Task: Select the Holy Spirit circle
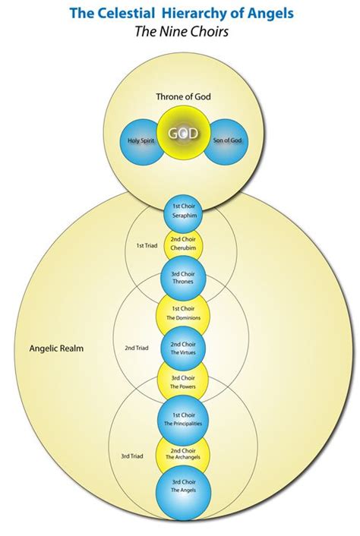pyautogui.click(x=141, y=141)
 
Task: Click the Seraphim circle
pyautogui.click(x=182, y=212)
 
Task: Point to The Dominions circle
pyautogui.click(x=182, y=313)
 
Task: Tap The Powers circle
pyautogui.click(x=182, y=382)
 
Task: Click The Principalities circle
pyautogui.click(x=182, y=418)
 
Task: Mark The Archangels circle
pyautogui.click(x=182, y=454)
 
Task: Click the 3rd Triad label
pyautogui.click(x=131, y=456)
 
